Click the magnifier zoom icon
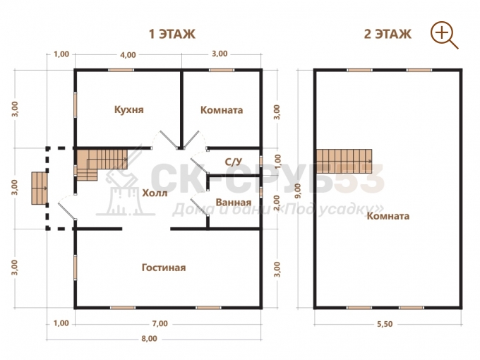coord(444,35)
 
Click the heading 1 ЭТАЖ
coord(172,34)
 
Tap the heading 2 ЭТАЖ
coord(388,34)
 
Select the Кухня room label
coord(129,109)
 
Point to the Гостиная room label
coord(164,268)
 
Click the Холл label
coord(155,193)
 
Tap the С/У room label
coord(234,162)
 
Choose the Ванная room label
coord(234,203)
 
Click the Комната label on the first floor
coord(222,110)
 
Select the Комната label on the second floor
coord(388,216)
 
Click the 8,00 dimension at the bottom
coord(150,339)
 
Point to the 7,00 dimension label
coord(160,323)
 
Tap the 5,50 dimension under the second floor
coord(385,324)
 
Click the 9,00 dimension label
coord(299,191)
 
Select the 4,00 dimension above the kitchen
coord(128,55)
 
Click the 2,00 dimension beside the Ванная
coord(277,203)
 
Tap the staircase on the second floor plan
coord(344,162)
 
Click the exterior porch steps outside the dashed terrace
coord(40,188)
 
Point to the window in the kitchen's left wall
coord(76,104)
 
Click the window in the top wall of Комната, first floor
coord(222,70)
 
